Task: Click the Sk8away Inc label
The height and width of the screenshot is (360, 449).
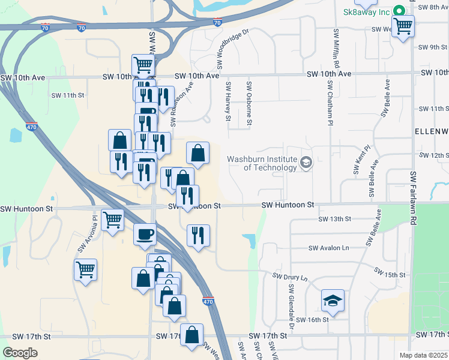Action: click(366, 12)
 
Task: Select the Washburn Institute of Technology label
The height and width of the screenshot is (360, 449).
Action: click(262, 163)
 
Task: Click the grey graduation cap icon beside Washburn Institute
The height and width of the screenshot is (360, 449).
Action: click(306, 163)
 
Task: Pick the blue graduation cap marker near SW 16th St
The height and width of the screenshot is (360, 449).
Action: click(333, 301)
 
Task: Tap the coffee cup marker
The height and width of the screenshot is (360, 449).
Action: click(145, 233)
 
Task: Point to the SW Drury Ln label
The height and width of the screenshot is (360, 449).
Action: click(290, 277)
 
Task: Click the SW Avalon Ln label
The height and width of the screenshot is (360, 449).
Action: click(328, 248)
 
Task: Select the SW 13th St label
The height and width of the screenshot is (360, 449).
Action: click(335, 220)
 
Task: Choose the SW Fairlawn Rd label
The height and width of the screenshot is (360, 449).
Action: click(412, 191)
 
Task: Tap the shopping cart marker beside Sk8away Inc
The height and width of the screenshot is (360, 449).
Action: click(403, 26)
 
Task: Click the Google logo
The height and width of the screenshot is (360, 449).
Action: click(20, 353)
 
